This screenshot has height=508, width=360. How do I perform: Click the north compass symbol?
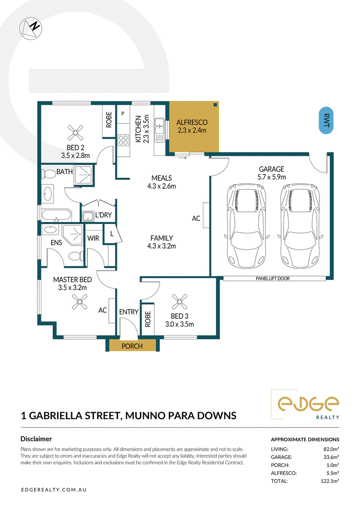point(31,28)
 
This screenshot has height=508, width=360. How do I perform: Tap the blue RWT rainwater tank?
point(326,121)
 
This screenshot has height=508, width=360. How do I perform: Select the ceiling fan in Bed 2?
point(76,132)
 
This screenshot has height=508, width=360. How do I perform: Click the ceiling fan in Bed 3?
point(180,302)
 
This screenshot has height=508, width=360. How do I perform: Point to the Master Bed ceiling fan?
point(80,302)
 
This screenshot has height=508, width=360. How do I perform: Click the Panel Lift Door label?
point(273,278)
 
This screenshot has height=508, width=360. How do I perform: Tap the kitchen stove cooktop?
point(123,140)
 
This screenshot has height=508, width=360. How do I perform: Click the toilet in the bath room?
point(49,174)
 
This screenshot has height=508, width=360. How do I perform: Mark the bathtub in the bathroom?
point(56,215)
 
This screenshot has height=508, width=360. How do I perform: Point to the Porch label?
point(132,346)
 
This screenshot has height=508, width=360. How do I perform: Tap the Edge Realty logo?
point(305,404)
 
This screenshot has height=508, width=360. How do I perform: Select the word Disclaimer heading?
point(36,439)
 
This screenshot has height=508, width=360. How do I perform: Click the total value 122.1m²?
point(330,481)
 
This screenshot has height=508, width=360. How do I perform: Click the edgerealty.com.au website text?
point(54,490)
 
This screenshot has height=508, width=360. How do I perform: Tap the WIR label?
point(93,238)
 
